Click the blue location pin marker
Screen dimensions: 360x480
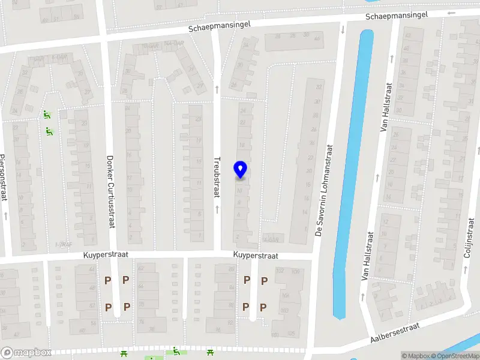pyautogui.click(x=241, y=169)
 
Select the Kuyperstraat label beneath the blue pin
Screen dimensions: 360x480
pyautogui.click(x=256, y=256)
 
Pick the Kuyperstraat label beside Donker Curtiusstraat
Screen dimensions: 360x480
pyautogui.click(x=106, y=256)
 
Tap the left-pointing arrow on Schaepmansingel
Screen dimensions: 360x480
pyautogui.click(x=451, y=12)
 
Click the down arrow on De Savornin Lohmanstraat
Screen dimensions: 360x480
pyautogui.click(x=343, y=29)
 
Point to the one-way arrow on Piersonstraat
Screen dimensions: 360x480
pyautogui.click(x=5, y=214)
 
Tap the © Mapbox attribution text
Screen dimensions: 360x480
pyautogui.click(x=415, y=356)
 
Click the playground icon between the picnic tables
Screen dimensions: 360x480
pyautogui.click(x=176, y=351)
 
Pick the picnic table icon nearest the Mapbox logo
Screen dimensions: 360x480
pyautogui.click(x=124, y=353)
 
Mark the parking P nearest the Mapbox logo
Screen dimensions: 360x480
pyautogui.click(x=108, y=307)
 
